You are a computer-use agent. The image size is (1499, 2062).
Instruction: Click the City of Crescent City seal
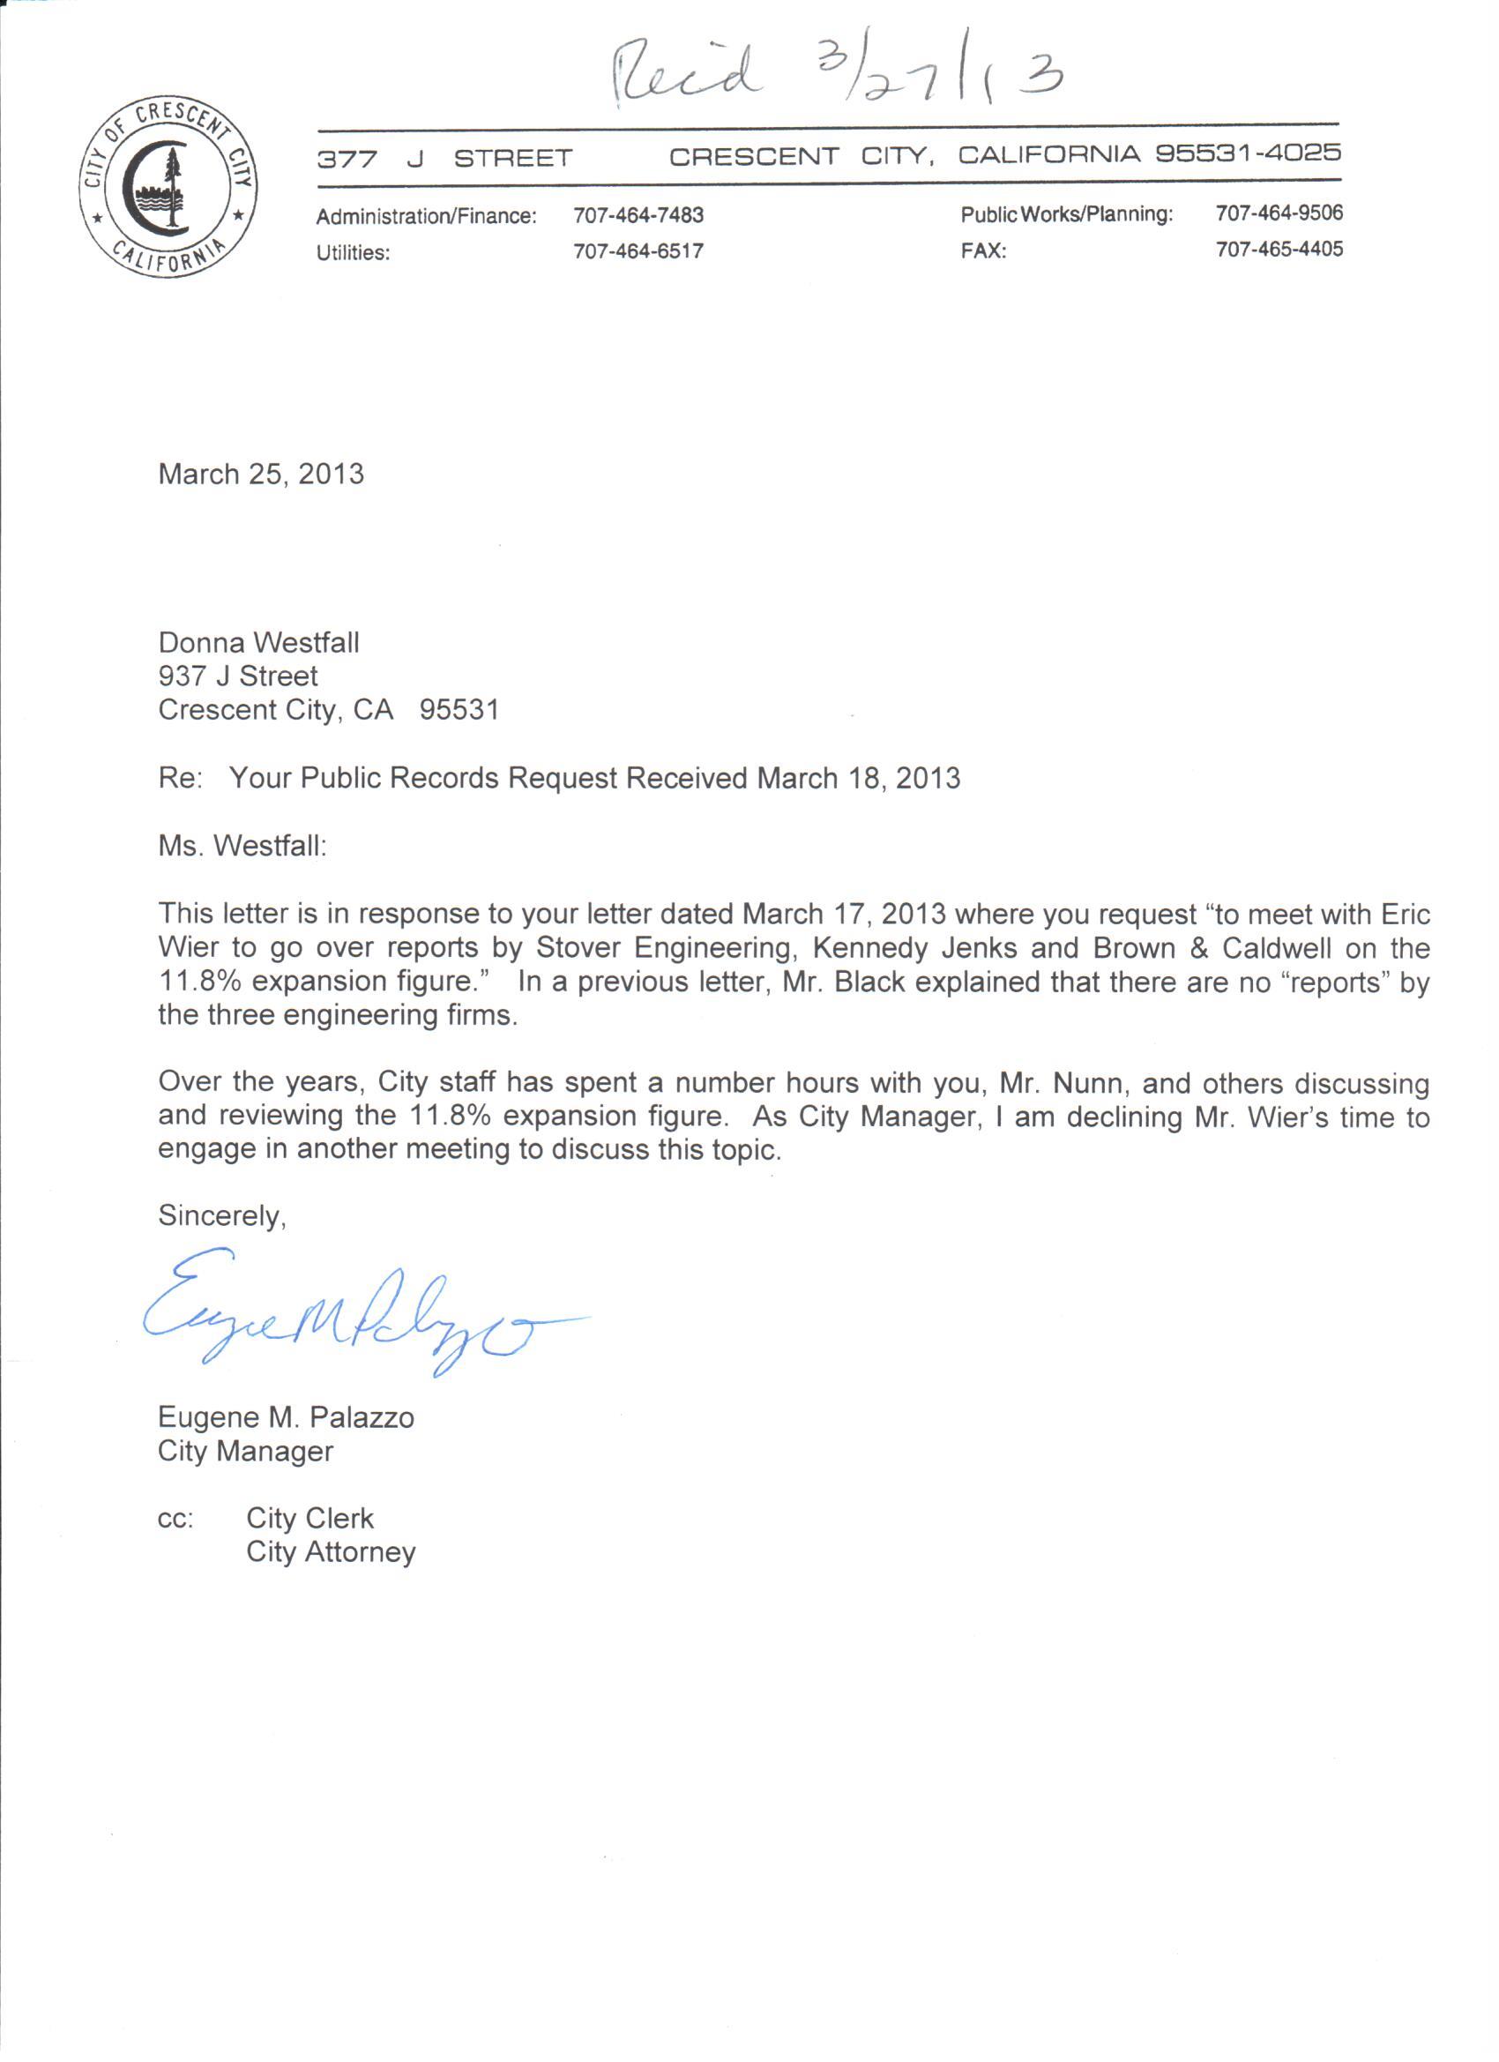[168, 186]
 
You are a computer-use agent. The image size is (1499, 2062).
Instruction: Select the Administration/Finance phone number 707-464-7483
[638, 215]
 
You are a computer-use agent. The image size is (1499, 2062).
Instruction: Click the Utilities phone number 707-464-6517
[638, 252]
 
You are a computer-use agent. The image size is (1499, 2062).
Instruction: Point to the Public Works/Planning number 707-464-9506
[1279, 213]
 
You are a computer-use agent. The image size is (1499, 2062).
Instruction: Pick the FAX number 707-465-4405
[1279, 249]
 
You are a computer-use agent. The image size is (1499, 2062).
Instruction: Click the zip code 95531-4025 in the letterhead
[1248, 153]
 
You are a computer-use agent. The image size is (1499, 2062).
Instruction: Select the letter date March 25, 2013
[261, 474]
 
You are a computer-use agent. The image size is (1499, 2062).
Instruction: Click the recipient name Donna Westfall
[259, 643]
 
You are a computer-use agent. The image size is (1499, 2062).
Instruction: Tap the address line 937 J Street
[238, 676]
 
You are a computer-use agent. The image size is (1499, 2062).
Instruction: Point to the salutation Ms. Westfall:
[242, 847]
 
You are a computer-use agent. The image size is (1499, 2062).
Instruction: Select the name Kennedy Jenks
[914, 948]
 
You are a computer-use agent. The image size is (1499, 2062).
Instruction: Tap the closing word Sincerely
[221, 1216]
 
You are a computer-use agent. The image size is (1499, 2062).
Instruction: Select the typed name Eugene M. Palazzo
[286, 1417]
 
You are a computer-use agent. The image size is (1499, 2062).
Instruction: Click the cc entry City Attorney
[331, 1552]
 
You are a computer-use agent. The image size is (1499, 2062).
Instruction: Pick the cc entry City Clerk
[310, 1519]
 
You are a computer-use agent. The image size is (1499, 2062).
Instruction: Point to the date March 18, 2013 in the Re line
[858, 779]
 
